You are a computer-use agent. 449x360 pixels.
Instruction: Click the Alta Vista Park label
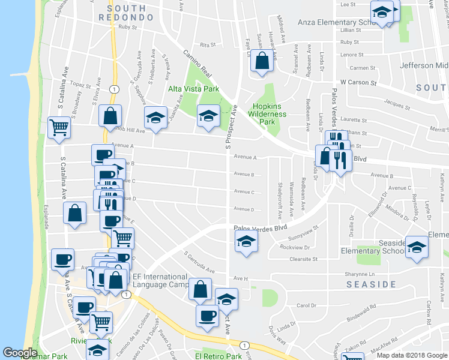(191, 89)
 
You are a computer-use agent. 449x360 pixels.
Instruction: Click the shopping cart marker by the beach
(59, 128)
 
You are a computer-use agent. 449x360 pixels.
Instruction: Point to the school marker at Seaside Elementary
(416, 247)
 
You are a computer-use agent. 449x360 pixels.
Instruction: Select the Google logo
(20, 353)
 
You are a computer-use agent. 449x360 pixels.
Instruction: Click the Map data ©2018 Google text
(411, 355)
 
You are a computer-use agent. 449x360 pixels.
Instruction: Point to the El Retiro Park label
(218, 356)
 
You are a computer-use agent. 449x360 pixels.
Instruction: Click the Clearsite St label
(303, 259)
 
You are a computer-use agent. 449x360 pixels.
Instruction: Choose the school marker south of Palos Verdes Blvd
(245, 242)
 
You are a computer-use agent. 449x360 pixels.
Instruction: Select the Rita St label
(208, 44)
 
